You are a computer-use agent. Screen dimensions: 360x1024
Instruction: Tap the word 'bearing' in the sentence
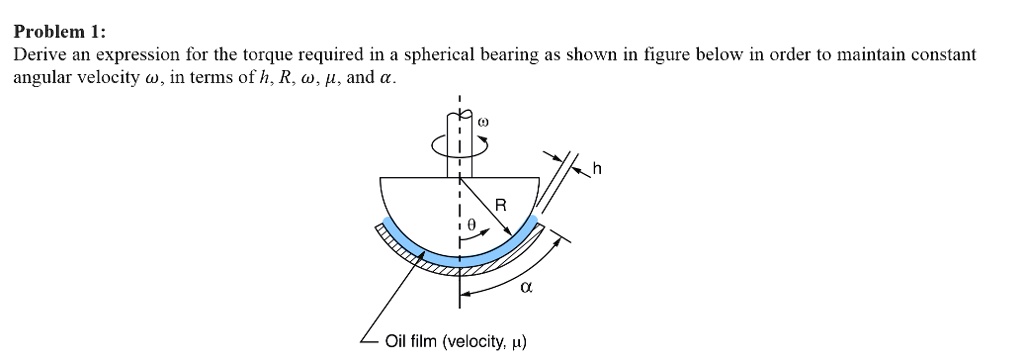[x=447, y=55]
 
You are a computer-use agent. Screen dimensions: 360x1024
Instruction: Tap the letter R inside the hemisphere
[x=501, y=206]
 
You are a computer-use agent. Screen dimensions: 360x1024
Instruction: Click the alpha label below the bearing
[x=526, y=288]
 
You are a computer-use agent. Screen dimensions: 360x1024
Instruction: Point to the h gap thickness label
[x=597, y=169]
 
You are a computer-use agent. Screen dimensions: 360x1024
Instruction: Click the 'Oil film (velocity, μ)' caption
[x=455, y=342]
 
